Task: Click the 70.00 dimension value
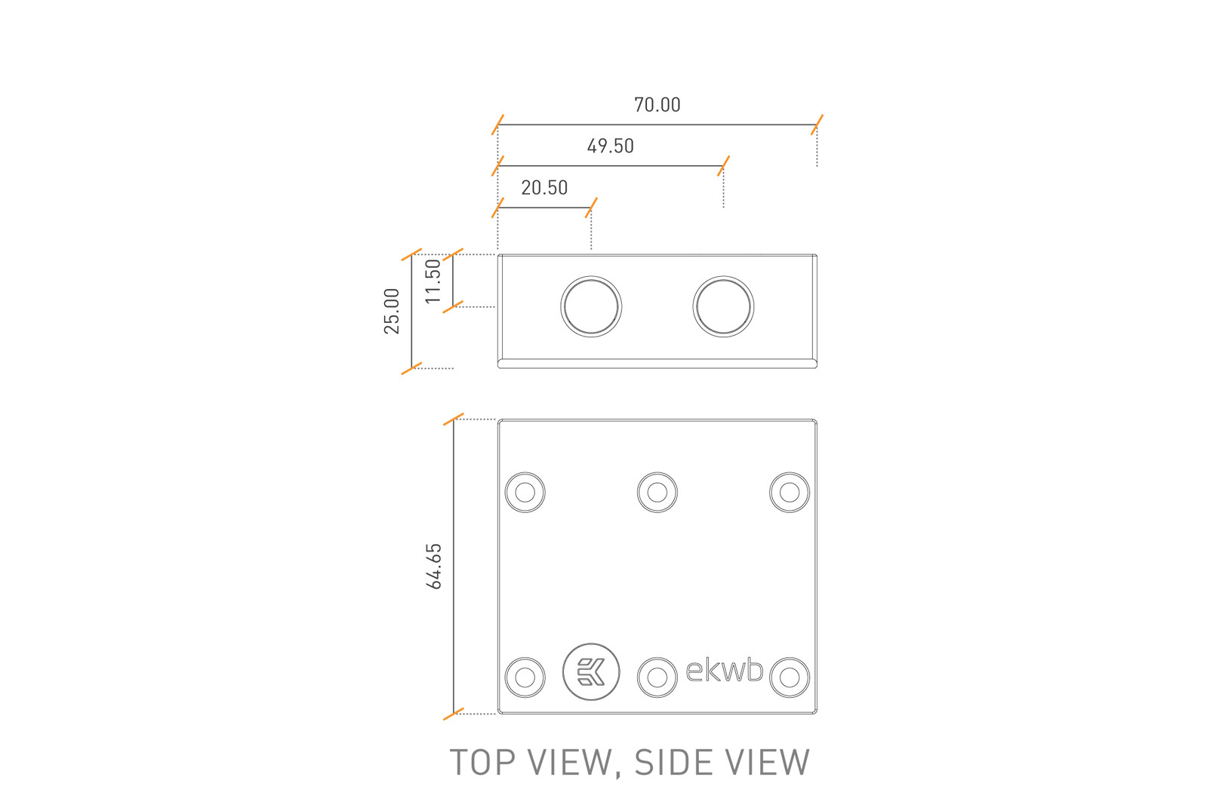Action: point(657,105)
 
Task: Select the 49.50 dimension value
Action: point(610,146)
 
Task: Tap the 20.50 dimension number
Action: point(544,188)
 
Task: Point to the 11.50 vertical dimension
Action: point(433,281)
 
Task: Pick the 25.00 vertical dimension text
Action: point(391,311)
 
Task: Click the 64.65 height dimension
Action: point(433,566)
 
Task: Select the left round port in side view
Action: point(591,306)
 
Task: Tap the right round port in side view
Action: point(723,306)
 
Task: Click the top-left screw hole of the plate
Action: point(525,493)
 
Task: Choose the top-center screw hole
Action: point(657,493)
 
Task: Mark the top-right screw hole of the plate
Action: point(790,493)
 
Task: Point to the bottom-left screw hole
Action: point(525,677)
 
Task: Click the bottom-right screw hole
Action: point(790,677)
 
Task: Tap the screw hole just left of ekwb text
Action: point(657,677)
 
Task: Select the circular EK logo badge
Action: point(591,671)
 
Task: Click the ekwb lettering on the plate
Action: point(725,670)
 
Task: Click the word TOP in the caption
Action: point(483,763)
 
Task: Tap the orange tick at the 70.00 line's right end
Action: point(817,124)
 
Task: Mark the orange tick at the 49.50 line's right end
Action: point(723,166)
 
